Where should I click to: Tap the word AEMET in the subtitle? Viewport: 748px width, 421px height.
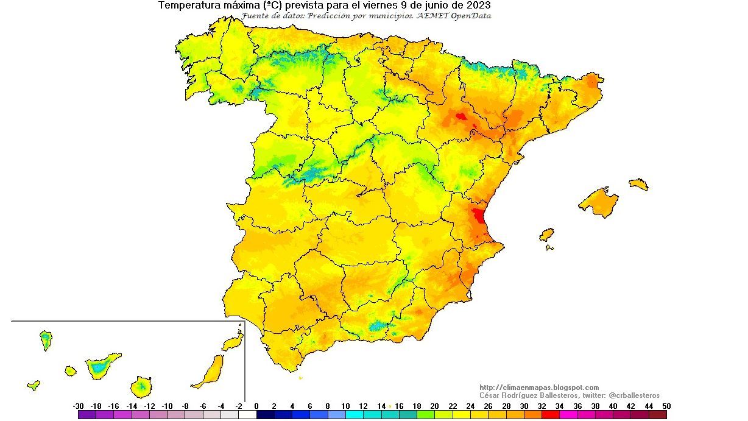tap(433, 16)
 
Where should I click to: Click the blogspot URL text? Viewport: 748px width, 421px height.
tap(539, 387)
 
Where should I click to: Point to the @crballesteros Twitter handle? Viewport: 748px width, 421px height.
tap(634, 395)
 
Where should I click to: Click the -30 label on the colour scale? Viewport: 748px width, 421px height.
tap(79, 406)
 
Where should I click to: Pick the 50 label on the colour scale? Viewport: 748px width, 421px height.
tap(667, 406)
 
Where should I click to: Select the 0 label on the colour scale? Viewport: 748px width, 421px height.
tap(256, 406)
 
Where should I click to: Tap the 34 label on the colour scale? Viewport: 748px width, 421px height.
tap(560, 406)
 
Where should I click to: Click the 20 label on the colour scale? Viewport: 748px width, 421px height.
tap(434, 406)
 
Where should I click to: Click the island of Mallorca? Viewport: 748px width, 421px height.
tap(599, 202)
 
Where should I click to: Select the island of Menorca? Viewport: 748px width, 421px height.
tap(638, 184)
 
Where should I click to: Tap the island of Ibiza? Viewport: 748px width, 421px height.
tap(546, 235)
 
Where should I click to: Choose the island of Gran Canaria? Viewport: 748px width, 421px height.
tap(141, 386)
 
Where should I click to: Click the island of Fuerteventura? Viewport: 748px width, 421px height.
tap(209, 372)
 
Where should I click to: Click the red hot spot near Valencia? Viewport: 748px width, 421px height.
tap(478, 216)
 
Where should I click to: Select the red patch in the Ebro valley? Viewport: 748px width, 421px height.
tap(460, 116)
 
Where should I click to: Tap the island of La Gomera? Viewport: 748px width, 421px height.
tap(71, 370)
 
